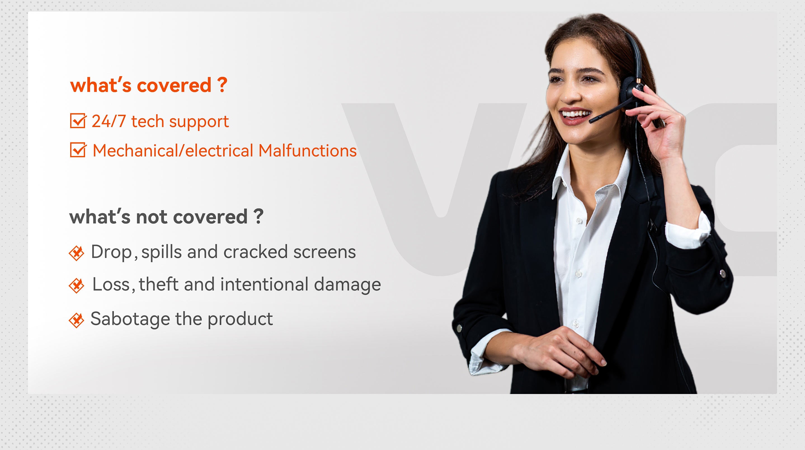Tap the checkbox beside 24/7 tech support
point(77,121)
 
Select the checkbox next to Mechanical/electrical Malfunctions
point(77,150)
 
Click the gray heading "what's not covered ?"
point(166,216)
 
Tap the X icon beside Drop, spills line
point(77,253)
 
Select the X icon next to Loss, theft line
point(77,285)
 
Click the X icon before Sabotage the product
point(77,320)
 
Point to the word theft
point(158,284)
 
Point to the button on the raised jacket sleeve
point(722,274)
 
